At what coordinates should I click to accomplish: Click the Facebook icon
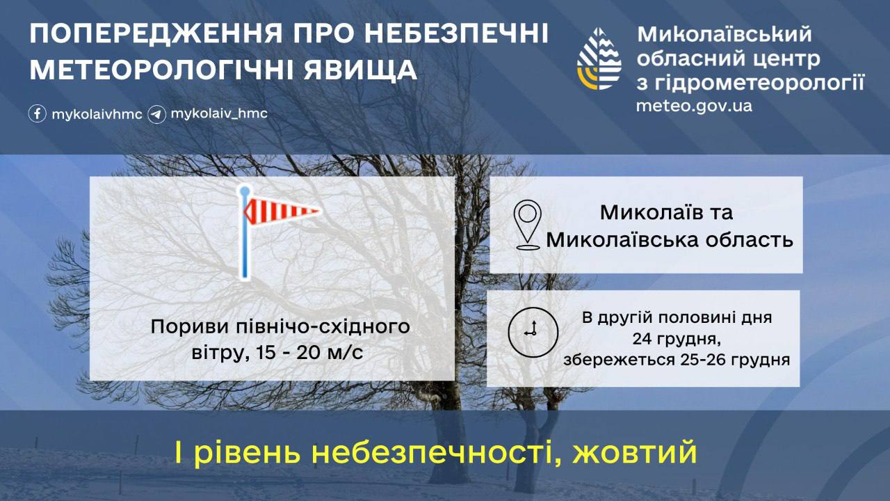38,113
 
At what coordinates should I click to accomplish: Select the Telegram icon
156,115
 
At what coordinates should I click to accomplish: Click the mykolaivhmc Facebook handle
97,115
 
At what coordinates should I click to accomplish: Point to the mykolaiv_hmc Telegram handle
219,113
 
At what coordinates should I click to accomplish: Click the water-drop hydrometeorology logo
599,59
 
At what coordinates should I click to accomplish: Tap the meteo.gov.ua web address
694,106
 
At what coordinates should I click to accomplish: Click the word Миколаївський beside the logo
725,35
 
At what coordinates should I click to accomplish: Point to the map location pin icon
527,225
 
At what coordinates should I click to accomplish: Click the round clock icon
533,332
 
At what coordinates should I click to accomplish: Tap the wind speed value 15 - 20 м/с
309,353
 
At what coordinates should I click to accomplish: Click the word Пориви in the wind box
190,327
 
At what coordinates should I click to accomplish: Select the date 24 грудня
677,339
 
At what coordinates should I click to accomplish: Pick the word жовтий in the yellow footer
635,452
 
